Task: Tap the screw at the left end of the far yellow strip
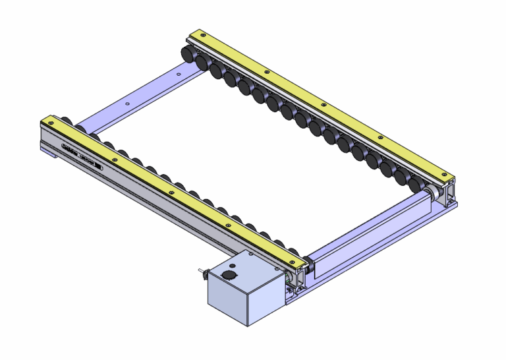tap(194, 35)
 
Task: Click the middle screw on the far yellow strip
tap(322, 104)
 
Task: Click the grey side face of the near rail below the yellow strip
tap(165, 198)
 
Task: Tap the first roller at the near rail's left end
tap(66, 123)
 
